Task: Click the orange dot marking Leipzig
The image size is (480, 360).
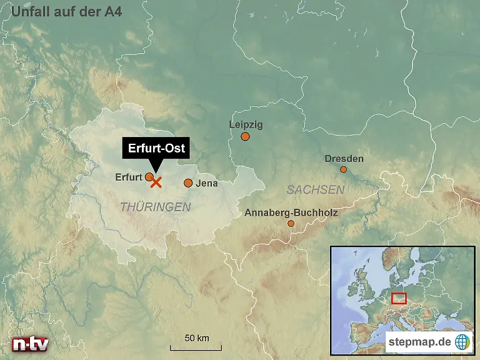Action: click(245, 137)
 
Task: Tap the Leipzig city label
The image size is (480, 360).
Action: click(246, 124)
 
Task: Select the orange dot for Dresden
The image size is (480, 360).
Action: click(343, 169)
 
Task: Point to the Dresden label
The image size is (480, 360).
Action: click(344, 159)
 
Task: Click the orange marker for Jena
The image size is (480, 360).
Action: click(188, 183)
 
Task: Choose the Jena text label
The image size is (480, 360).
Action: click(207, 184)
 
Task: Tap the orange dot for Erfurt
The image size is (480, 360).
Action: click(149, 177)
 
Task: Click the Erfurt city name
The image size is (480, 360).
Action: click(129, 177)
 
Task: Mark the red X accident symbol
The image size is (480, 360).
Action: click(156, 182)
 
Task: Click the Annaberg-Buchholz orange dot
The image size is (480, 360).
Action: click(291, 223)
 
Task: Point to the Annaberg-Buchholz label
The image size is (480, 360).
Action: click(291, 212)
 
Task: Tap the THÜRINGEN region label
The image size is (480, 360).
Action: click(155, 207)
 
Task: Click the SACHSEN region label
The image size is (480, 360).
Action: click(316, 189)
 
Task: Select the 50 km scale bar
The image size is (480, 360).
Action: click(196, 347)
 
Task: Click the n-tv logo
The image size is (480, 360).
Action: click(30, 344)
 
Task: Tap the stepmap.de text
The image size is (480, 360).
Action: click(419, 342)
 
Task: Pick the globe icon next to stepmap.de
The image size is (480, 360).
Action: click(462, 342)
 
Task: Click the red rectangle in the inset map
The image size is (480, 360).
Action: click(399, 298)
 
